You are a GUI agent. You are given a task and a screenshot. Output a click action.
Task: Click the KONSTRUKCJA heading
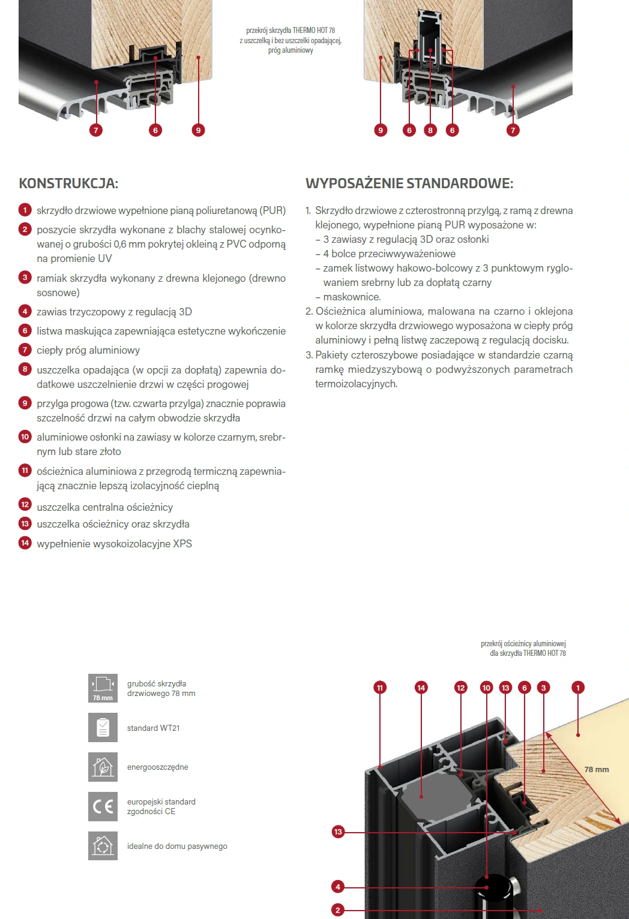click(68, 183)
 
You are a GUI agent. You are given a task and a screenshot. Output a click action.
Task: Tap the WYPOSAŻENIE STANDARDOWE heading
click(409, 183)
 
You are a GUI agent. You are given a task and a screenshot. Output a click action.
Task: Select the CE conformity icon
click(103, 806)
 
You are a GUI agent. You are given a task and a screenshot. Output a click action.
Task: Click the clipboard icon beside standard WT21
click(103, 727)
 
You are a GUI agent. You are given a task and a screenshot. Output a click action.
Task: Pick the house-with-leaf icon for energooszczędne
click(103, 767)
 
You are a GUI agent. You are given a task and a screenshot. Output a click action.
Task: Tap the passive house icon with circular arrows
click(103, 846)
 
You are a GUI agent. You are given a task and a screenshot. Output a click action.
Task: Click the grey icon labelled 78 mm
click(103, 688)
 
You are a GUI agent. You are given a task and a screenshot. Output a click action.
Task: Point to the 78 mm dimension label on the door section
click(597, 769)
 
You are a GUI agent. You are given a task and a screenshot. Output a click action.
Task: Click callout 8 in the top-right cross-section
click(430, 130)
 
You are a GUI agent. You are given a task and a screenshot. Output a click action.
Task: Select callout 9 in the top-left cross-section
click(199, 130)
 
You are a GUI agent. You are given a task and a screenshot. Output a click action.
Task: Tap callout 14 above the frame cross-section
click(421, 688)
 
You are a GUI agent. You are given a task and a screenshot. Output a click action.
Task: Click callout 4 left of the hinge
click(338, 887)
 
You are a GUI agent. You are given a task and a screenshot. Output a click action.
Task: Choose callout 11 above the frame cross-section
click(379, 688)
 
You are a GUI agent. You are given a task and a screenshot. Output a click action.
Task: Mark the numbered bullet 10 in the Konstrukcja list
click(25, 437)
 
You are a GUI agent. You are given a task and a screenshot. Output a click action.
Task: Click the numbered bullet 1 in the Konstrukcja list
click(25, 210)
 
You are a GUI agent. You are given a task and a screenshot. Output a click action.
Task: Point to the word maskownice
click(352, 297)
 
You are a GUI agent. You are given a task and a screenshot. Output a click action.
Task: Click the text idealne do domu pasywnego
click(177, 846)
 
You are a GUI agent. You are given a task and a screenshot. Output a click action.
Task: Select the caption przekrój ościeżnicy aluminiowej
click(523, 644)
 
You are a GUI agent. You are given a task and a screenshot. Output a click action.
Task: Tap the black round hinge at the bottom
click(493, 887)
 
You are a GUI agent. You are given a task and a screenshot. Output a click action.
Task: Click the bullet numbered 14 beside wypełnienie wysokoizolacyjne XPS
click(25, 543)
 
